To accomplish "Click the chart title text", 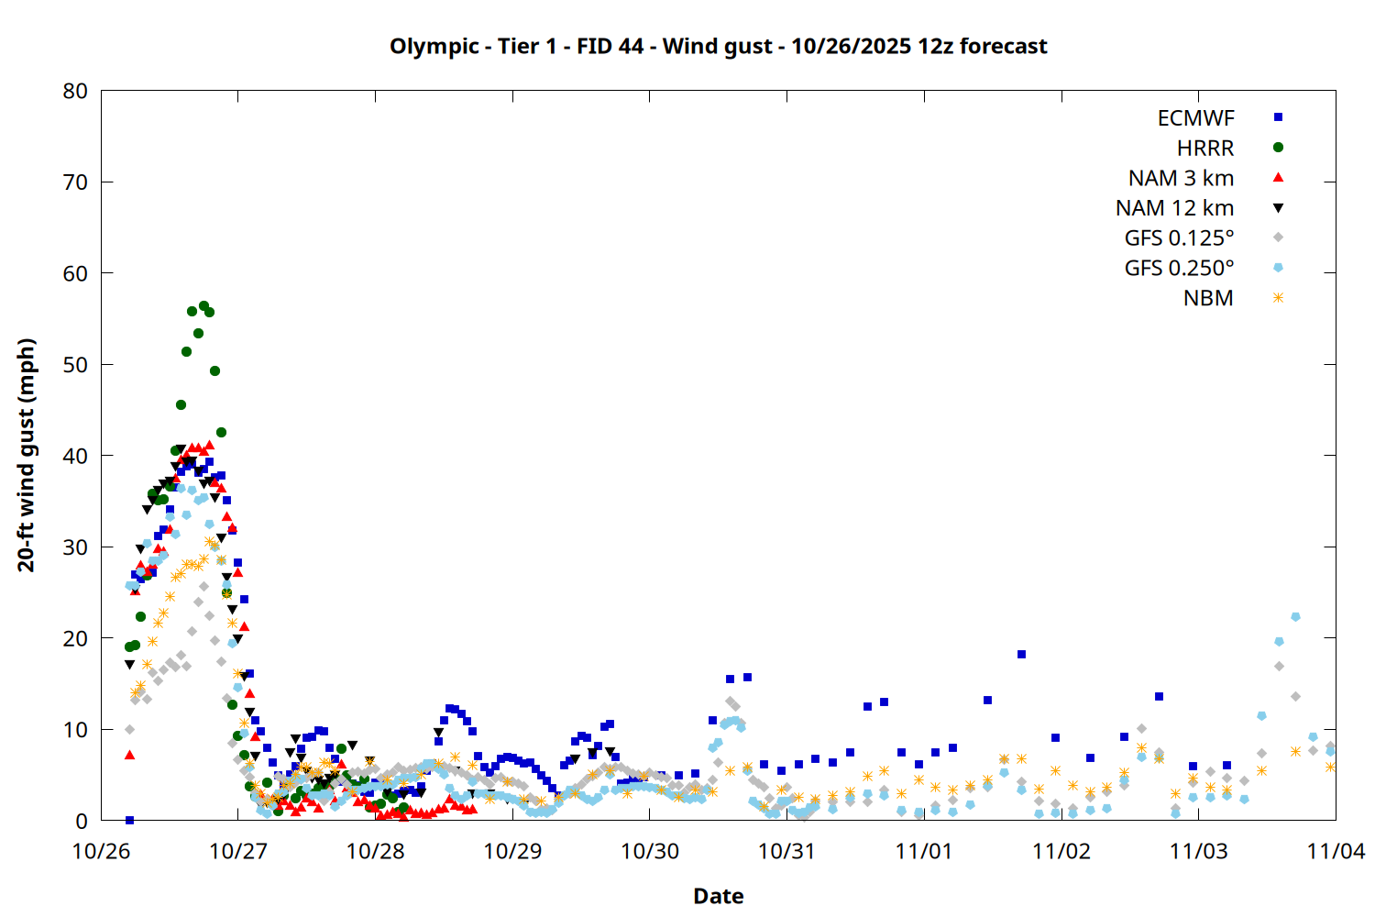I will click(718, 46).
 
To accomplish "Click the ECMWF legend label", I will click(1195, 118).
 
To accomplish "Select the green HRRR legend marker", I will click(1278, 148).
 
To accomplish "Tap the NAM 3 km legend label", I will click(1181, 178).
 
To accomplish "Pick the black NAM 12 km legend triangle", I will click(1278, 208).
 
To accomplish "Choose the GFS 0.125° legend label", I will click(1179, 238).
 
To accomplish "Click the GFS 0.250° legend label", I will click(1179, 268).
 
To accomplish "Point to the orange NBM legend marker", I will click(1278, 298).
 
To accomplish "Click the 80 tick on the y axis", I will click(75, 91).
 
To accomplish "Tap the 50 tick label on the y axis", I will click(75, 364).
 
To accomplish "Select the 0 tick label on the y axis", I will click(82, 821).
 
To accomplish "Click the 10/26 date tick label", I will click(101, 851).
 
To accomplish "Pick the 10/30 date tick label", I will click(650, 851).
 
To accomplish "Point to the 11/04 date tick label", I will click(1335, 851).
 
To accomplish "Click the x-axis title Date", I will click(718, 896).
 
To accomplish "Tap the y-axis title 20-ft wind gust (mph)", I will click(27, 455).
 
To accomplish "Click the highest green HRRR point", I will click(203, 306).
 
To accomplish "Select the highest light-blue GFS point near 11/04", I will click(1295, 617).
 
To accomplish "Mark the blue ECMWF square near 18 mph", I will click(1021, 655).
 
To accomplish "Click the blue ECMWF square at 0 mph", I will click(129, 820).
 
